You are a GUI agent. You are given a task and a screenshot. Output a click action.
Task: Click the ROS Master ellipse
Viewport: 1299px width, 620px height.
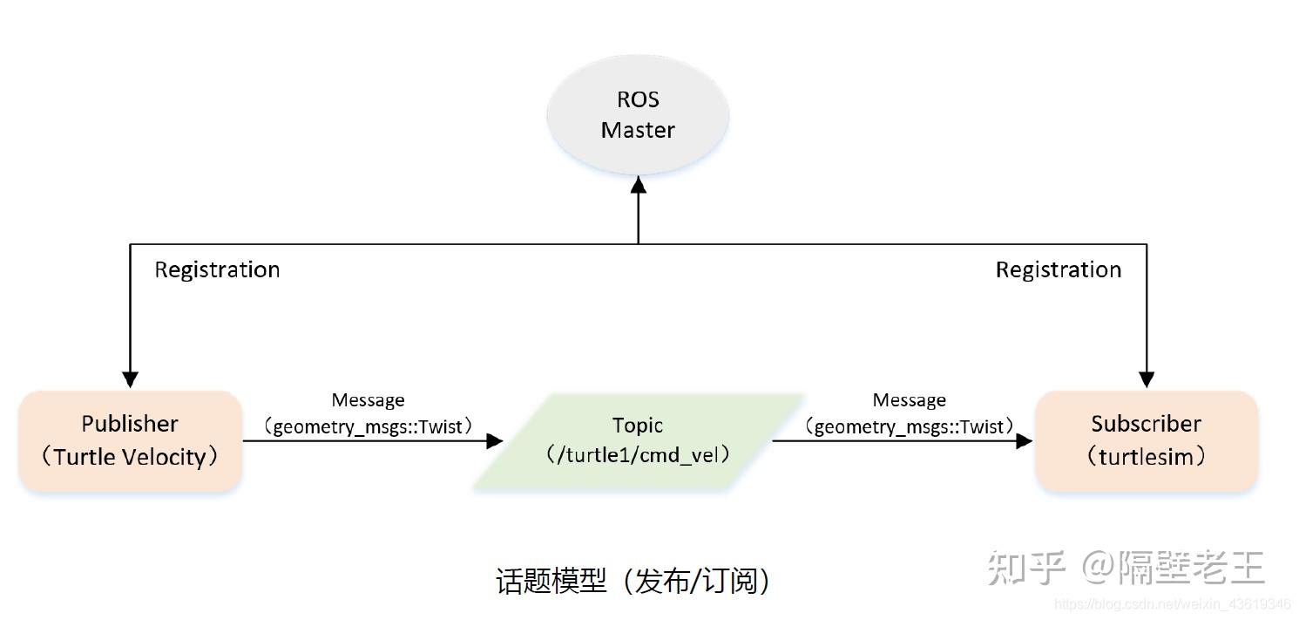pos(638,116)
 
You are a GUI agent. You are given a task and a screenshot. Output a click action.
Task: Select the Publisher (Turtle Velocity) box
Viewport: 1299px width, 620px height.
pos(131,440)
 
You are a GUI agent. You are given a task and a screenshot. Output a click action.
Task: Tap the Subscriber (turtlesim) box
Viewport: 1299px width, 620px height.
pos(1146,440)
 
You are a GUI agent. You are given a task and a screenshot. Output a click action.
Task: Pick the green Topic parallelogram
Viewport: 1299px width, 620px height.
pos(638,440)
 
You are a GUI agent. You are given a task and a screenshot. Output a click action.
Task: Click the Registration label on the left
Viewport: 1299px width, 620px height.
pos(217,269)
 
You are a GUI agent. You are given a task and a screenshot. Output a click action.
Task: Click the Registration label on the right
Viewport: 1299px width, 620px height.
pos(1059,269)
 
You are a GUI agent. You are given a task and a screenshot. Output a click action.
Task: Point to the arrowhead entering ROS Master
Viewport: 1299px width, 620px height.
pos(639,184)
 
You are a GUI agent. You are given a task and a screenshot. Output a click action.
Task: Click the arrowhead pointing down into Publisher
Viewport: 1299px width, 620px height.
pos(130,379)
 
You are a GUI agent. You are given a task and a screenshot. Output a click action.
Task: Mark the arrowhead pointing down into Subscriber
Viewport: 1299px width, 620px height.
pos(1147,379)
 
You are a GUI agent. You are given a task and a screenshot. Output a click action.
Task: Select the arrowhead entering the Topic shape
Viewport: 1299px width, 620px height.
pos(495,441)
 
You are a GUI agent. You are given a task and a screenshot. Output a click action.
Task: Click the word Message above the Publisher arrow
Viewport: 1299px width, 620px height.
pos(368,400)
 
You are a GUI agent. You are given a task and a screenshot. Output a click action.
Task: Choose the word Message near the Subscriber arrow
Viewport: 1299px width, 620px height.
pos(909,400)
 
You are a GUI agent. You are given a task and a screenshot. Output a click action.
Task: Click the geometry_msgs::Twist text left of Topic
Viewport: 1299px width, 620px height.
pos(372,426)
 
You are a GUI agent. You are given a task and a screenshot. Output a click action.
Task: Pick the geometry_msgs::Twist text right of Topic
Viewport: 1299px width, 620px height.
pos(910,426)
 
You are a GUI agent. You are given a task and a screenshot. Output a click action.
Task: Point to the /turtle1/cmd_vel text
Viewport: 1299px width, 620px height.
pos(638,454)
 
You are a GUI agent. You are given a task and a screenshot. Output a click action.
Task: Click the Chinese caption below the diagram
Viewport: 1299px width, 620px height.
pos(633,581)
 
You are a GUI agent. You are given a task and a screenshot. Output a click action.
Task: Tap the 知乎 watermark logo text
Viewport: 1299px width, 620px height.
pos(1026,569)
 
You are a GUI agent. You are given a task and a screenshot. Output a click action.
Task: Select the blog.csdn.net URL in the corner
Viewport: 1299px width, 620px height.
pos(1172,604)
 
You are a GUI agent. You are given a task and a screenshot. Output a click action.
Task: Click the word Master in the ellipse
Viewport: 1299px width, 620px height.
pos(638,130)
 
